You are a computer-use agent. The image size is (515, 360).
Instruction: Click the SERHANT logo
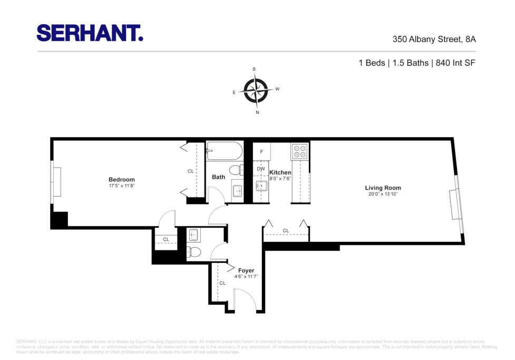coord(90,33)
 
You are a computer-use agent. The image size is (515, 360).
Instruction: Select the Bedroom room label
coord(122,180)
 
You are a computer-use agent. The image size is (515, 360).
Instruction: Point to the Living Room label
coord(383,188)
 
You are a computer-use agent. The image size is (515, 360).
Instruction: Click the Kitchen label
coord(280,172)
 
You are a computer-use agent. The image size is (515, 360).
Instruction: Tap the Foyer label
coord(246,270)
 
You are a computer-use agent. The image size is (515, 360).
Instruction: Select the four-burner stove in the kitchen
coord(299,151)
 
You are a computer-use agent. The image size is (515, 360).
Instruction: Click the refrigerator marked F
coord(261,152)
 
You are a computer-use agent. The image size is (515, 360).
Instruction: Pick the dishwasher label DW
coord(261,169)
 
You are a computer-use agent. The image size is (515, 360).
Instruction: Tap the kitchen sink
coord(261,186)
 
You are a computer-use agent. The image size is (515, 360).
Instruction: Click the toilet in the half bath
coord(193,252)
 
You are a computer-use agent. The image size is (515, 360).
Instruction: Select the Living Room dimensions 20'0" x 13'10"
coord(383,194)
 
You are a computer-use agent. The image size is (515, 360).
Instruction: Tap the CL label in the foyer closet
coord(222,283)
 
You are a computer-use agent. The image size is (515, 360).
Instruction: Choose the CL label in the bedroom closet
coord(191,171)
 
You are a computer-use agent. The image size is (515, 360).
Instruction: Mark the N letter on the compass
coord(257,112)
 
